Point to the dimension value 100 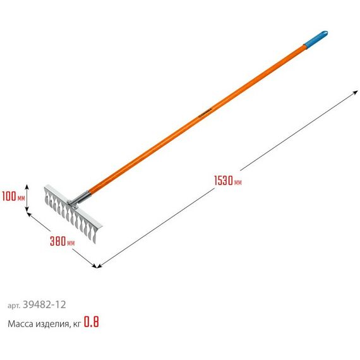click(x=9, y=196)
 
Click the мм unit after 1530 click(x=237, y=183)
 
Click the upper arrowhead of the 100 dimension click(x=27, y=186)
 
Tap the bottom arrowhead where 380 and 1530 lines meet click(x=97, y=265)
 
